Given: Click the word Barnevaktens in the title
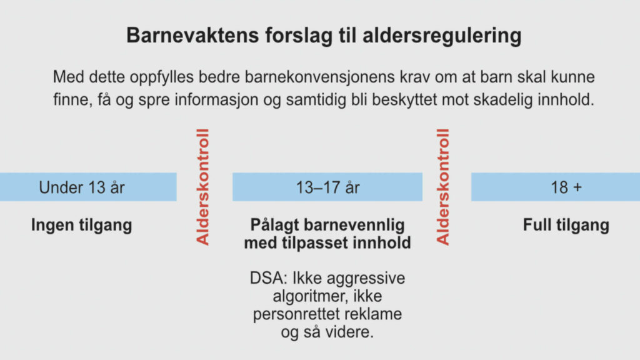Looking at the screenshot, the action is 192,35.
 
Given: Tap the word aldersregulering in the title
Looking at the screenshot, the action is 442,36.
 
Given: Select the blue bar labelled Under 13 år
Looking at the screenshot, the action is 88,187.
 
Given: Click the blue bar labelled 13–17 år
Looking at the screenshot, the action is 327,187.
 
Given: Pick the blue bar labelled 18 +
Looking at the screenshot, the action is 556,187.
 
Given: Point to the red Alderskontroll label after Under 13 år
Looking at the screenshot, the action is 203,187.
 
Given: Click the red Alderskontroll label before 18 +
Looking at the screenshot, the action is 443,187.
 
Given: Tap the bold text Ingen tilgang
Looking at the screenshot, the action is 82,225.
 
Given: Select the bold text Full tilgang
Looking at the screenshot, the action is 566,225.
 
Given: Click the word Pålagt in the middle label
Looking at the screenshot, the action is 275,225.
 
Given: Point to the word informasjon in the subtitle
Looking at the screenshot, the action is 216,100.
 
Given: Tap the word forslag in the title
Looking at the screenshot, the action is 299,36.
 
